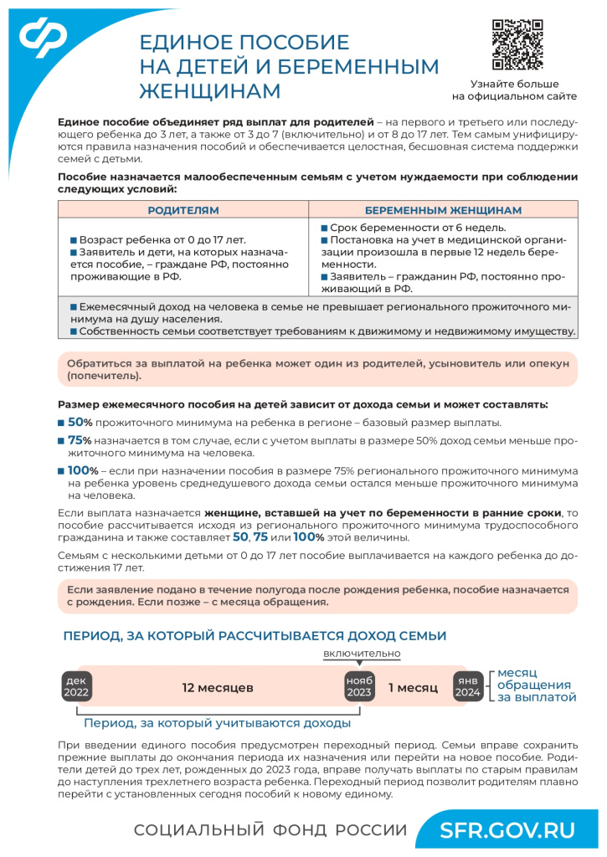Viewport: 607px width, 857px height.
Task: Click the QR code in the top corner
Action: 517,44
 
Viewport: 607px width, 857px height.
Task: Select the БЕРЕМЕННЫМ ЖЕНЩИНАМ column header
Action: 443,210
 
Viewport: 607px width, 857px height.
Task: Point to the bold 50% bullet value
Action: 80,422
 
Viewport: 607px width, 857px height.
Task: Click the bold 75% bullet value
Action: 80,440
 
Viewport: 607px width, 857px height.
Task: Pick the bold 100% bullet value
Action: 83,470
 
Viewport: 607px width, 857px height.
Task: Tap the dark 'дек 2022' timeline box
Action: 75,687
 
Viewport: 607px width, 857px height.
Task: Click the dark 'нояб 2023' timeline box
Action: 359,687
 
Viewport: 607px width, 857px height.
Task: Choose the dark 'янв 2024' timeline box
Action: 467,687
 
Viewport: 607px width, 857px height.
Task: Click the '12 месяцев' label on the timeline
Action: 218,688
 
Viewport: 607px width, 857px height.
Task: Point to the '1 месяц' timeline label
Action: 413,688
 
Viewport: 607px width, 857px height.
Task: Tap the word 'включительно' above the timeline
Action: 362,653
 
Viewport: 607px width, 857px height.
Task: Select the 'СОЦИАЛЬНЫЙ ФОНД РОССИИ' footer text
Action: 270,830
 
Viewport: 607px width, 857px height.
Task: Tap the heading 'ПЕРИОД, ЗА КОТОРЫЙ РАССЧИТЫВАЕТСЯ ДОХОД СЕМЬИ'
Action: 255,636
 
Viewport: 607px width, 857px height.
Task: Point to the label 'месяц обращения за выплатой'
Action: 537,685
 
